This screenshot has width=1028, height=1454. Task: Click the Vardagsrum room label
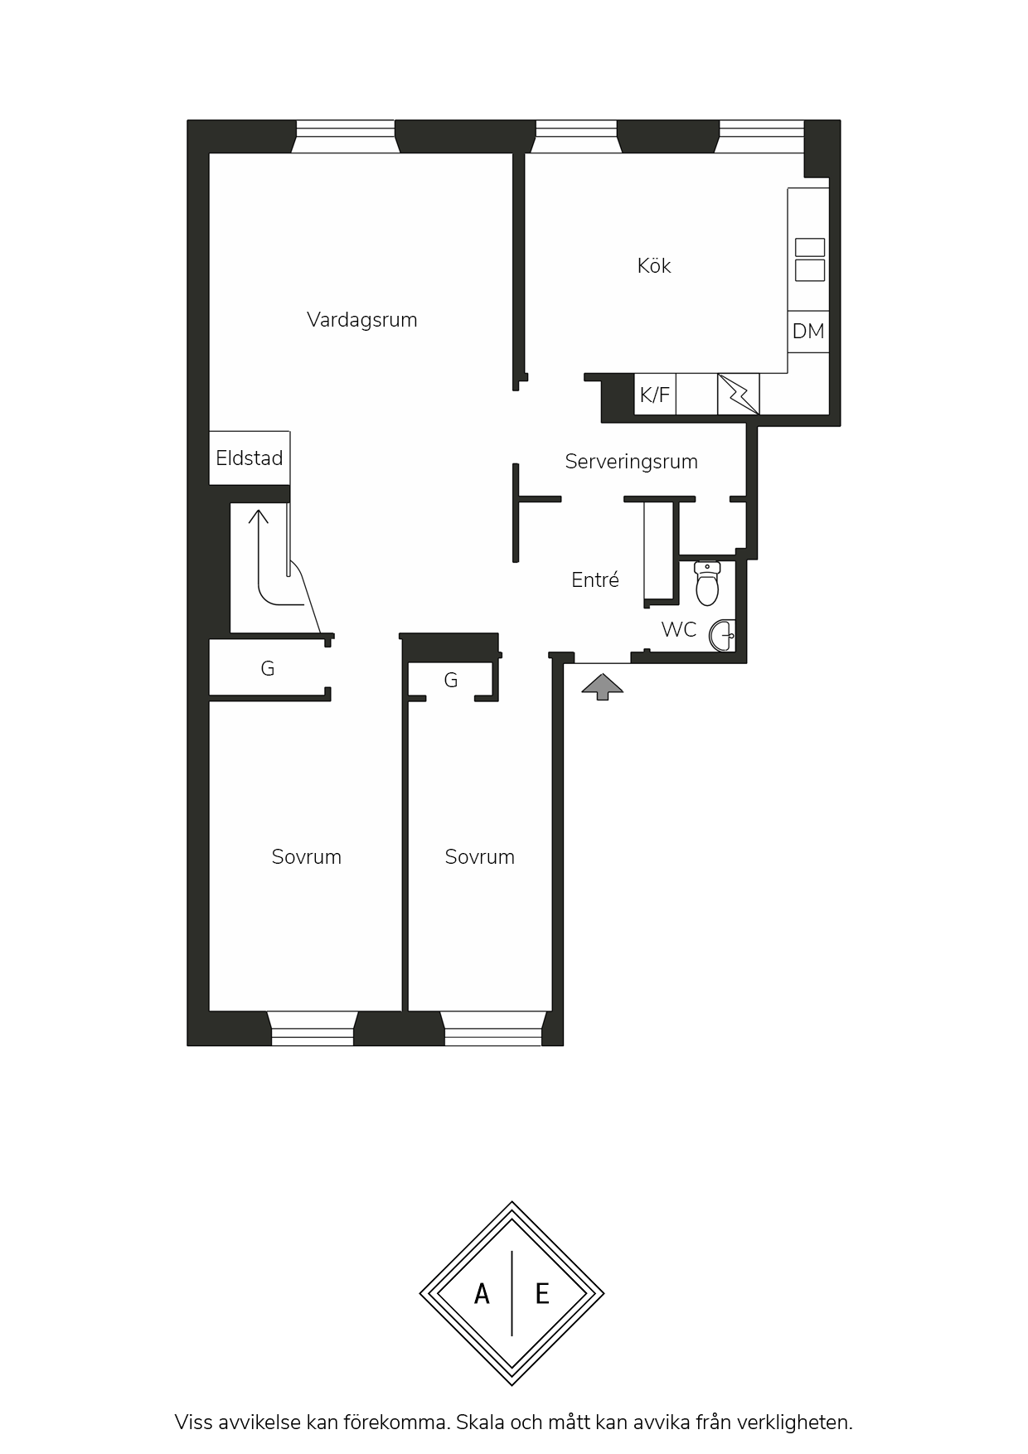coord(361,321)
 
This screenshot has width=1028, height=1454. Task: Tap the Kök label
coord(654,265)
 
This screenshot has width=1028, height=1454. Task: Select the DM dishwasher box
coord(808,332)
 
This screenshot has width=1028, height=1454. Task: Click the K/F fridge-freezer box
coord(655,395)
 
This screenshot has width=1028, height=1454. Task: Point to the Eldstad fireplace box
coord(250,458)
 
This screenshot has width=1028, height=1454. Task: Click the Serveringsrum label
coord(631,462)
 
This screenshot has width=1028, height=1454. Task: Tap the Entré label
coord(595,579)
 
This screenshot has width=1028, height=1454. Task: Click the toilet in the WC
coord(707,584)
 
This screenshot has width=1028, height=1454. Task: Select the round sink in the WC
coord(722,636)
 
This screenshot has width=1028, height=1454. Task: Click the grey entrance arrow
coord(603,686)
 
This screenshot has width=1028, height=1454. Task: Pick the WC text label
coord(679,629)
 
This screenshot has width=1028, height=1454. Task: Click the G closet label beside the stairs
coord(267,668)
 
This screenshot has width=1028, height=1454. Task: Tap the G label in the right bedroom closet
coord(451,681)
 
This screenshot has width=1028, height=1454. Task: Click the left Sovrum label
coord(307,857)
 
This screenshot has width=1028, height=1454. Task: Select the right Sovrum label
coord(480,857)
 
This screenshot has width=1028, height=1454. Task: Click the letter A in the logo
coord(482,1293)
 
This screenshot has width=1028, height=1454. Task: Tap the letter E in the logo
coord(542,1293)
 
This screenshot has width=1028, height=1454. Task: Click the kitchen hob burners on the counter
coord(810,259)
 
